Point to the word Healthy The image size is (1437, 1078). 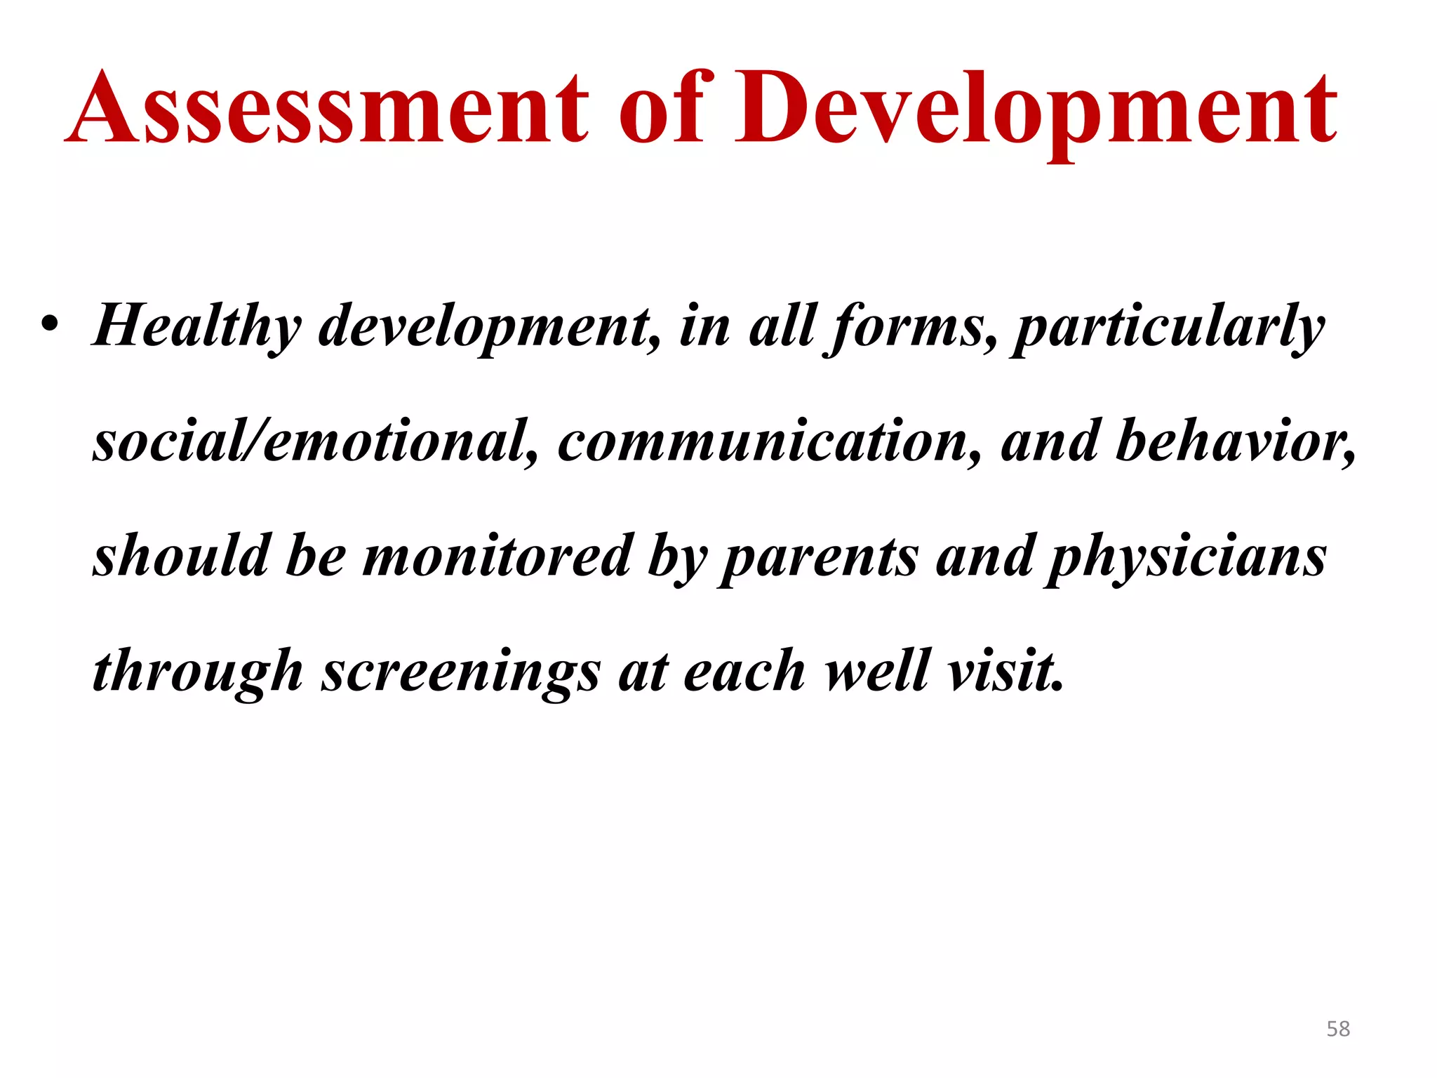(x=197, y=327)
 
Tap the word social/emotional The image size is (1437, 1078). (x=316, y=441)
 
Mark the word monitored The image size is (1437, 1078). (x=497, y=556)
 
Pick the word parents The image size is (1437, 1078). (x=818, y=557)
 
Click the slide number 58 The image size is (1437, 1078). (x=1337, y=1029)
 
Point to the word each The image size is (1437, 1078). (x=744, y=671)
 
